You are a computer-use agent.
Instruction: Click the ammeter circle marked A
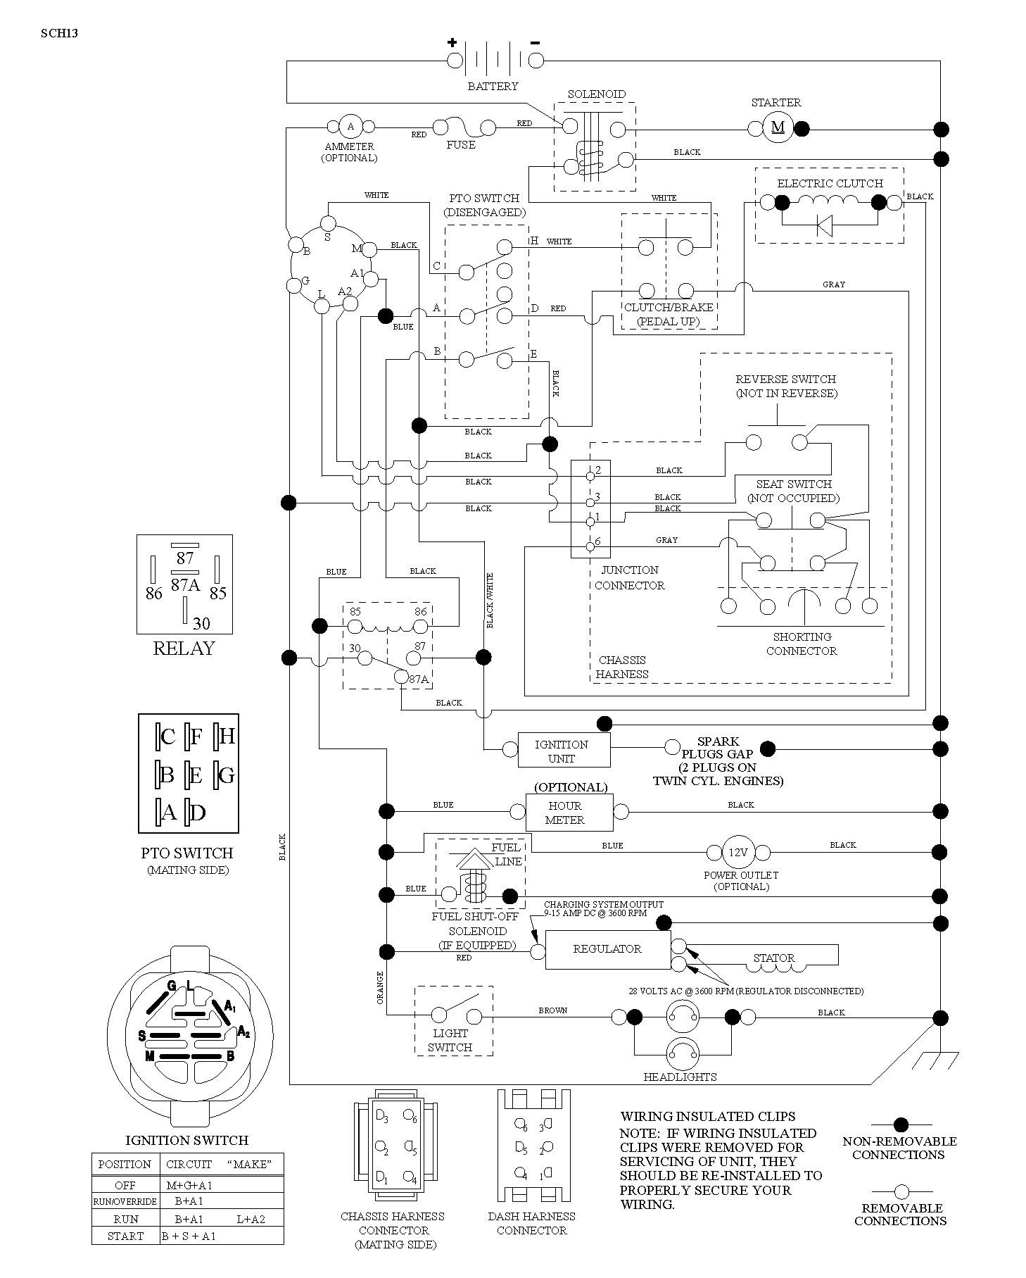350,127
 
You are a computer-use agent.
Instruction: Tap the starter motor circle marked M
778,127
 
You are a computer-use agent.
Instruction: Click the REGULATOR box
608,949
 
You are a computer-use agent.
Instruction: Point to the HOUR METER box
569,813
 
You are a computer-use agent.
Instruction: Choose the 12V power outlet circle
737,852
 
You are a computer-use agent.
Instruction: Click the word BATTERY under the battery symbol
493,86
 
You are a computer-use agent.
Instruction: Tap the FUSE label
461,145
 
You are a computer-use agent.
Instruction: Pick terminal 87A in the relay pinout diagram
186,584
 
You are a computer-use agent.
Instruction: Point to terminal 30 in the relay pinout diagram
201,623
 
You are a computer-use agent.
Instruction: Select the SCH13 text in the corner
59,32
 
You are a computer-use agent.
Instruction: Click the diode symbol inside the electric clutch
825,225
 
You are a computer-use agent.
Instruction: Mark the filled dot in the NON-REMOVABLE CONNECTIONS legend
901,1125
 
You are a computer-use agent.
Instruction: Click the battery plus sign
452,42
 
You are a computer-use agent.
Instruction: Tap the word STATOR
774,958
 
